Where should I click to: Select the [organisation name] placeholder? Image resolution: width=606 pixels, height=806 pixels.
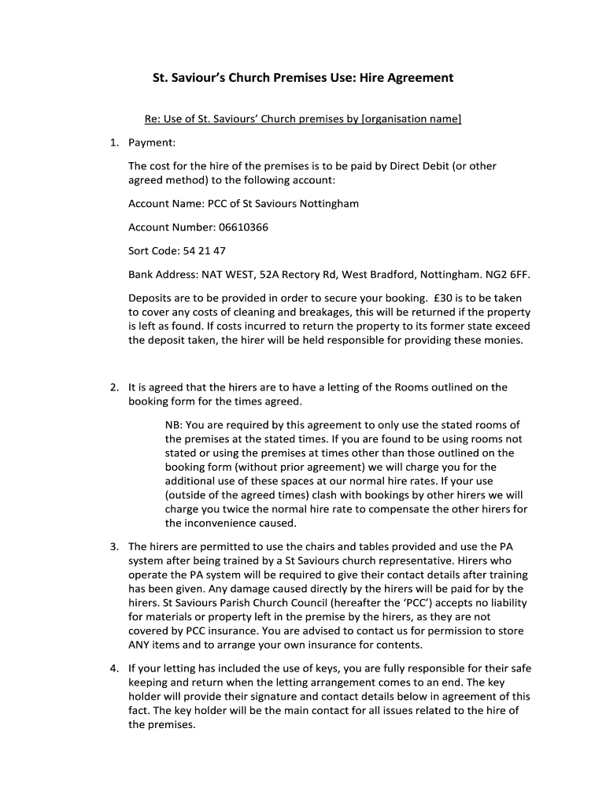click(410, 119)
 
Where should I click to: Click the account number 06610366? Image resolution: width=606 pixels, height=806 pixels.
click(242, 227)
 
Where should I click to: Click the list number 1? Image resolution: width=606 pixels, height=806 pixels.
click(114, 142)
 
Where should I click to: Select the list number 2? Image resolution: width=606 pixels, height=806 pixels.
click(114, 387)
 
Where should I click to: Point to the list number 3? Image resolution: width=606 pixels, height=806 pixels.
click(114, 546)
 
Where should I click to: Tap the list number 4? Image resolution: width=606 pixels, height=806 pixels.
click(114, 668)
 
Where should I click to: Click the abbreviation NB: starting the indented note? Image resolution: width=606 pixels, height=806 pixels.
click(174, 425)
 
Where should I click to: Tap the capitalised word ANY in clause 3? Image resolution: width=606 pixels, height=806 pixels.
click(139, 645)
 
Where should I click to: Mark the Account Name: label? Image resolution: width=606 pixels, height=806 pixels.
click(165, 204)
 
